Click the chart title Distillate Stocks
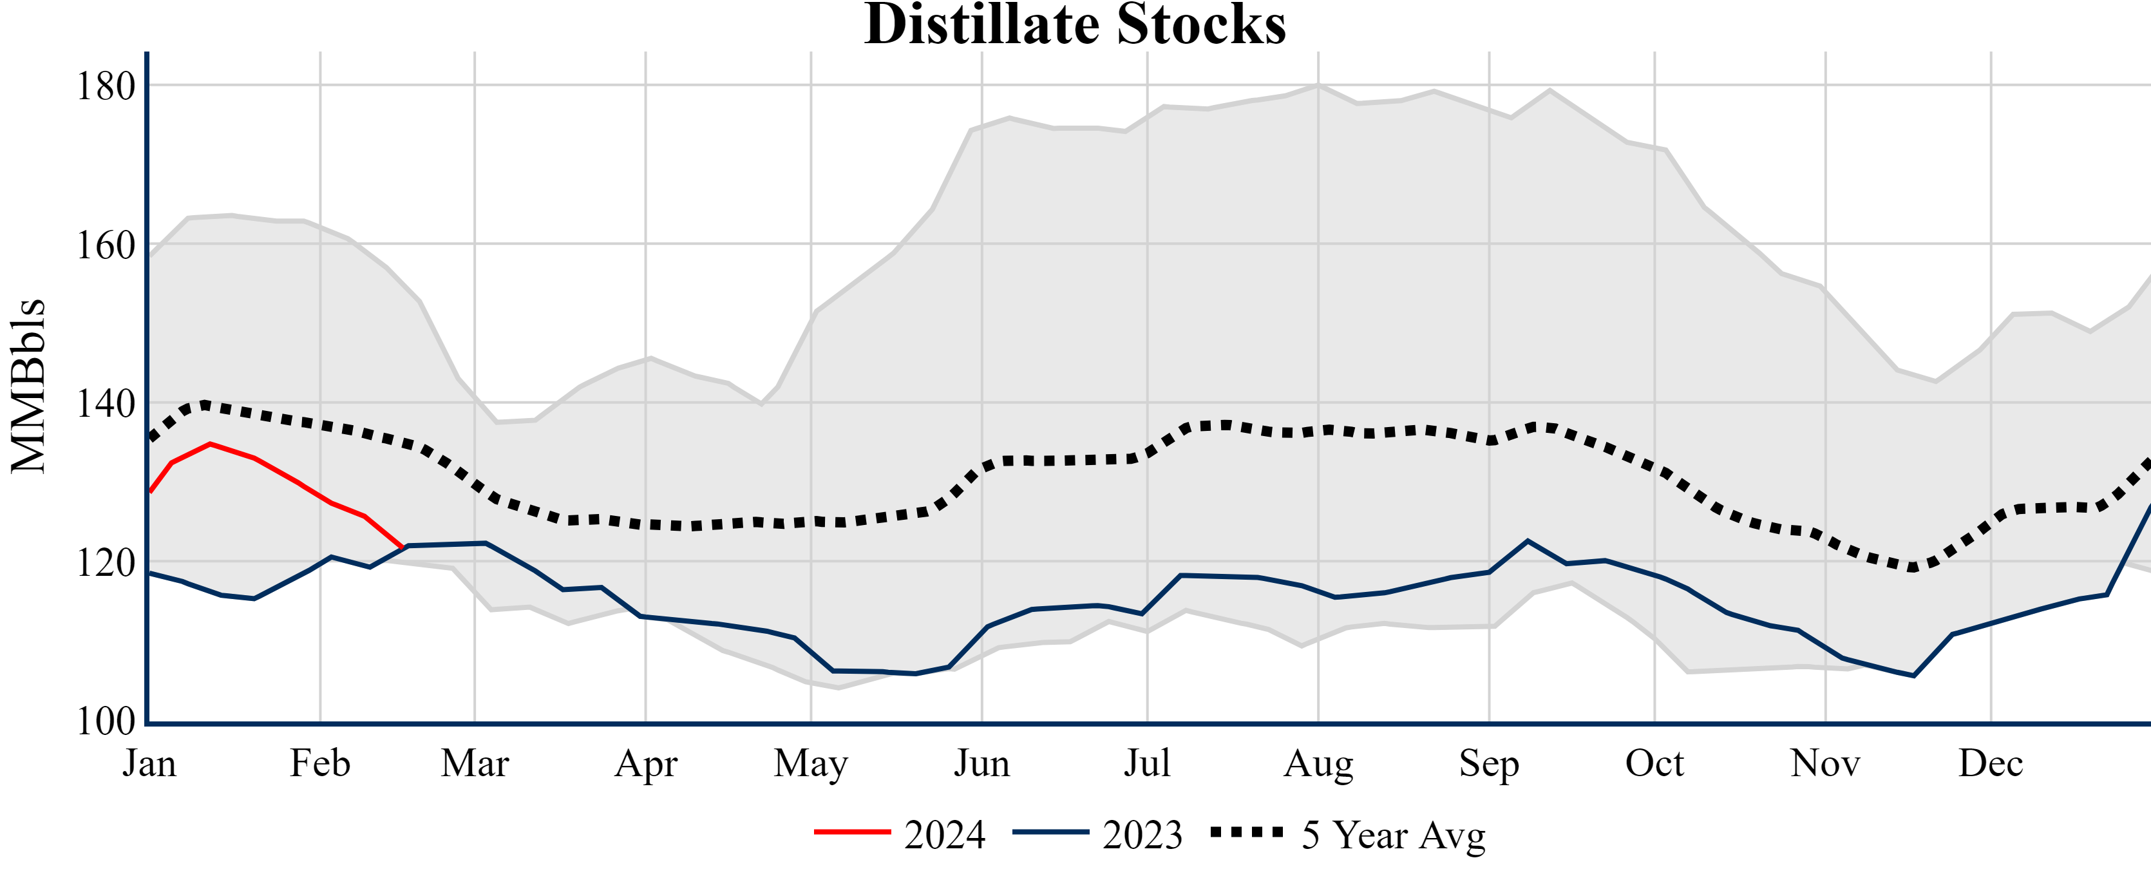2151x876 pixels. (1075, 25)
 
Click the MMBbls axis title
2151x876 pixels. (28, 386)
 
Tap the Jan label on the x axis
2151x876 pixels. (149, 763)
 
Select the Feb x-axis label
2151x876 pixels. (320, 763)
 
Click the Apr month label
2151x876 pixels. (645, 763)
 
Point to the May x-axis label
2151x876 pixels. (811, 763)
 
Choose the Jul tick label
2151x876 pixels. (1148, 763)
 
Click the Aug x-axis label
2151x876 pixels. (1318, 763)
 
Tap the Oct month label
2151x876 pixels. (1654, 763)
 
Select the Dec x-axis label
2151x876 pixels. (1991, 763)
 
